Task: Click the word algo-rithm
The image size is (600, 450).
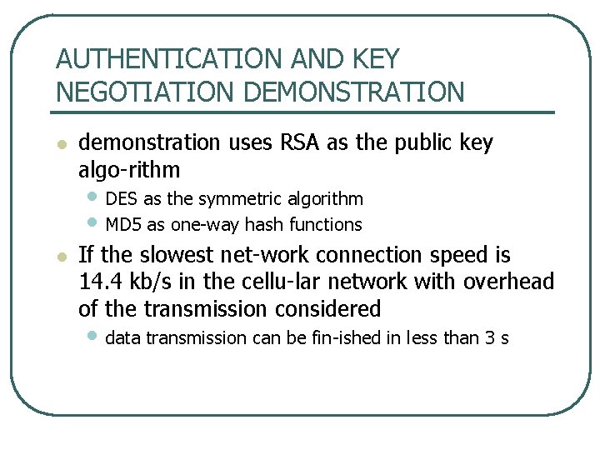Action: [128, 170]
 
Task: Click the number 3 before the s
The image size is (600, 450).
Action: [490, 338]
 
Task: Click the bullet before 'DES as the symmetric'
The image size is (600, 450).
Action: [93, 198]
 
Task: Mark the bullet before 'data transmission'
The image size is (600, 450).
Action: [93, 337]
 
